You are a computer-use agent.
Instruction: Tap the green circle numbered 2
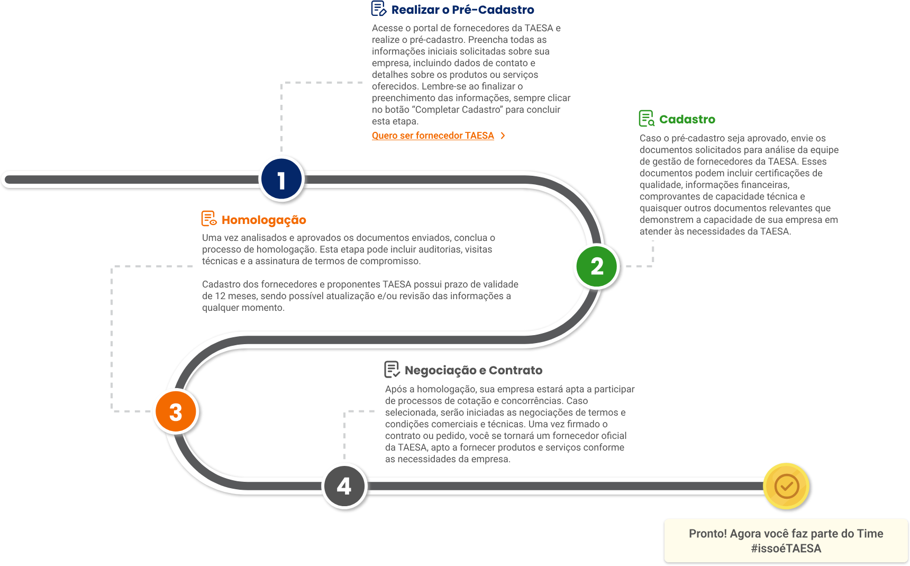[x=597, y=266]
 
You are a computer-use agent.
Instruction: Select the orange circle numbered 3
[x=176, y=412]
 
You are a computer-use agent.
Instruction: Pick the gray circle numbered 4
[x=344, y=486]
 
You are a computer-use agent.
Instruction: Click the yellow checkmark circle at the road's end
[x=787, y=486]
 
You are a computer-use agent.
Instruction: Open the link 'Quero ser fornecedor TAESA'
[x=433, y=136]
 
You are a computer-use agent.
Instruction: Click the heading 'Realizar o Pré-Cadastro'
[x=462, y=10]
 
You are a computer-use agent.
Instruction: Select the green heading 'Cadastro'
[x=687, y=119]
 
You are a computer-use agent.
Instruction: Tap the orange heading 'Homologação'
[x=263, y=220]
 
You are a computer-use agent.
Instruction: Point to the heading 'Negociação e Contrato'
[x=473, y=370]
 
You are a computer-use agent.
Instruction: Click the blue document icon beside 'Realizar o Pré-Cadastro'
[x=379, y=8]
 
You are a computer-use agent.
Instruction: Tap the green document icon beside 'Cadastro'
[x=646, y=119]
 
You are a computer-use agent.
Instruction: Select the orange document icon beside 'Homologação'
[x=209, y=219]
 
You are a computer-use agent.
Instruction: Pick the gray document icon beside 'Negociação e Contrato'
[x=392, y=369]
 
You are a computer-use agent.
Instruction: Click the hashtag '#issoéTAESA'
[x=786, y=549]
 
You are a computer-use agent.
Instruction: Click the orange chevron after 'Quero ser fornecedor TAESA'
[x=503, y=136]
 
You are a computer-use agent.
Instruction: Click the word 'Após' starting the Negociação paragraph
[x=396, y=389]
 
